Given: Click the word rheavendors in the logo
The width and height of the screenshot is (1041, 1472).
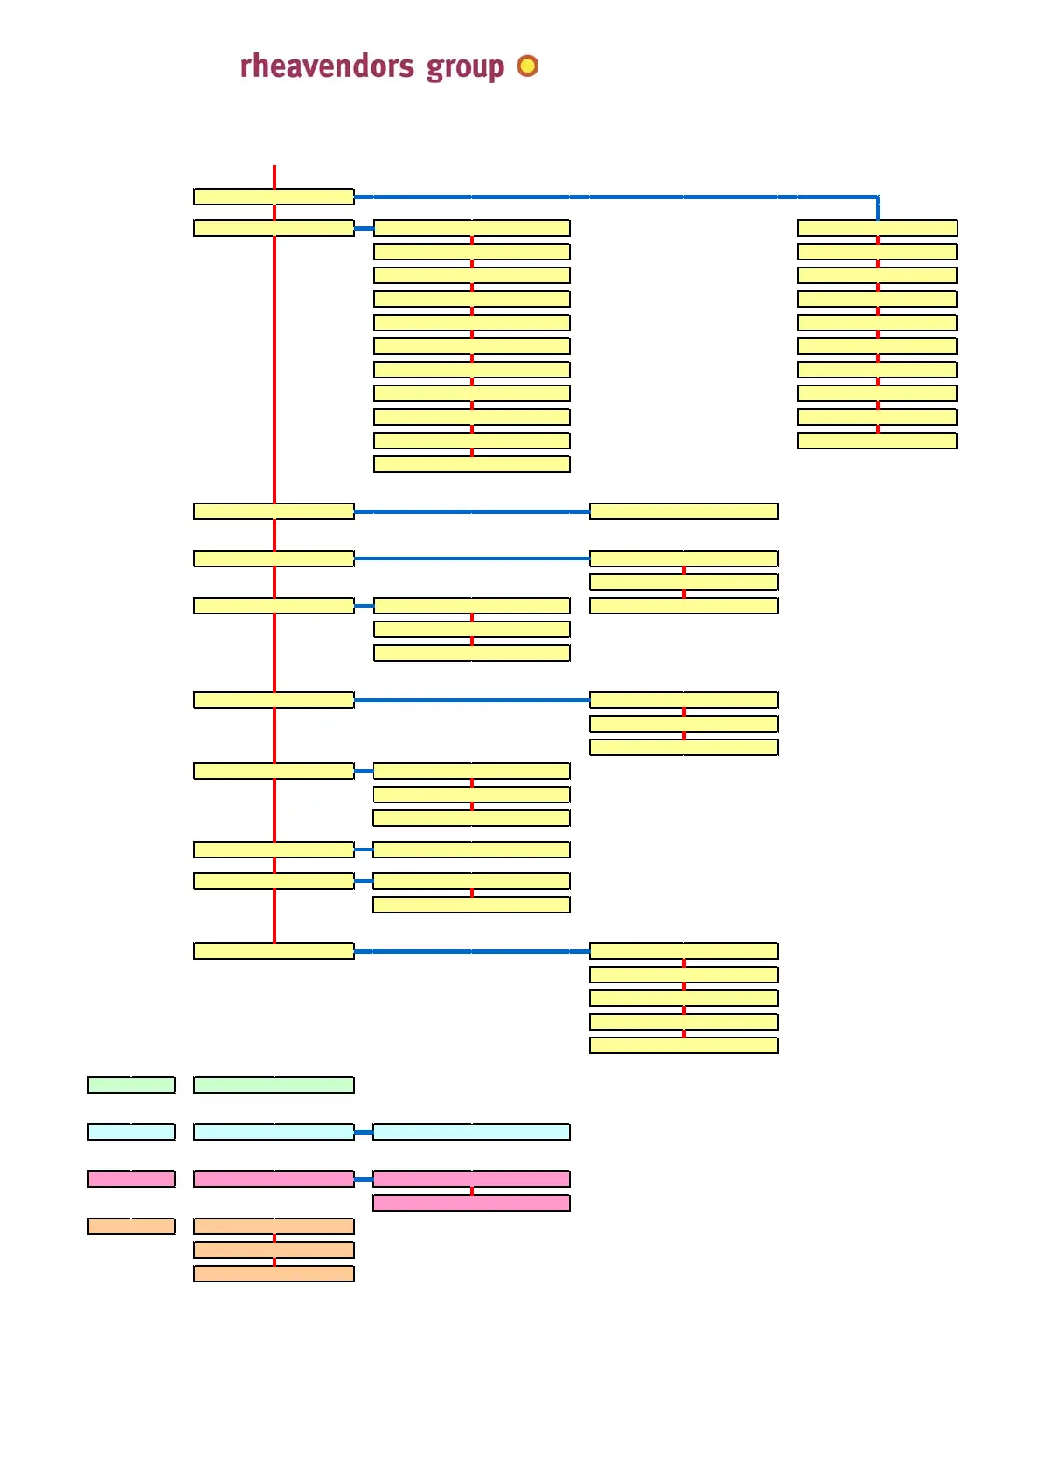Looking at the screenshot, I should [327, 66].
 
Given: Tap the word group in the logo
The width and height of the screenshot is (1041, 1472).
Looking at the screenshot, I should [465, 68].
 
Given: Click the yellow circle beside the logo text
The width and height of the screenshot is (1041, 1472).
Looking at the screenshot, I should [527, 66].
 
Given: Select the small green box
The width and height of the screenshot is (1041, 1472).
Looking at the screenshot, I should [131, 1085].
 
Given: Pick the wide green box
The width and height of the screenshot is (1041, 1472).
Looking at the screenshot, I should [274, 1085].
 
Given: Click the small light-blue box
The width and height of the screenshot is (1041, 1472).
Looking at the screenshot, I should [131, 1132].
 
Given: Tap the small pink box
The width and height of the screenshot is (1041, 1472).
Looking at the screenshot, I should [131, 1179].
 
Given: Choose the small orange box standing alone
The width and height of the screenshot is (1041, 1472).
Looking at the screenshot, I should [131, 1226].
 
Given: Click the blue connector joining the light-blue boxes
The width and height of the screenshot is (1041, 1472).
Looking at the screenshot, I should [364, 1132].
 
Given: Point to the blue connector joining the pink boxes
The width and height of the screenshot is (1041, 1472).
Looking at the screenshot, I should [364, 1179].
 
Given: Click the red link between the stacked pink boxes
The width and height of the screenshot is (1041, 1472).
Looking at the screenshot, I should [472, 1191].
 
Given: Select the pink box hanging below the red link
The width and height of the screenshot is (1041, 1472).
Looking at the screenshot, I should [471, 1203].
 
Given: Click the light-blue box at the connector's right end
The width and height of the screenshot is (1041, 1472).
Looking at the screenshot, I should [471, 1132].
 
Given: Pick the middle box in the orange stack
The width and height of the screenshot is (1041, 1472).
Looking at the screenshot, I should [274, 1250].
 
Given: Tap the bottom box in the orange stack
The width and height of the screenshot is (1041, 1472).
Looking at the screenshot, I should [274, 1274].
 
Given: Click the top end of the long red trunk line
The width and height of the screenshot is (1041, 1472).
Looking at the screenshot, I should [274, 168].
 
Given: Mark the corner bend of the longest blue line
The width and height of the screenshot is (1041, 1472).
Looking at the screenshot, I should [877, 198].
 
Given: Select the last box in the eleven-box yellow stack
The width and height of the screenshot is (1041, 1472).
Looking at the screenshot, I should [471, 464].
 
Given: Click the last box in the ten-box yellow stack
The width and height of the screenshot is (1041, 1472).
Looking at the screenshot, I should [877, 441].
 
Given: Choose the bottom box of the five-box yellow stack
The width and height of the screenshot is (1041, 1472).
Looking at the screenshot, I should [684, 1045].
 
